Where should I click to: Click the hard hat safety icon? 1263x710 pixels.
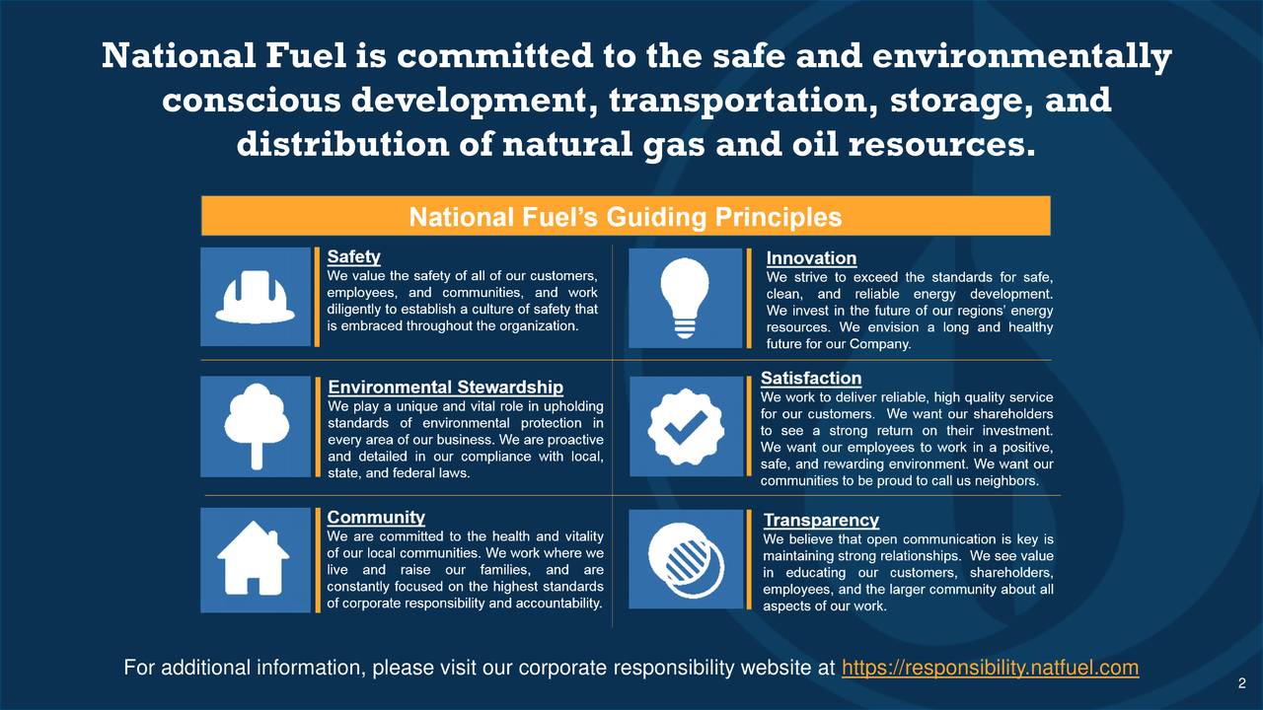(256, 296)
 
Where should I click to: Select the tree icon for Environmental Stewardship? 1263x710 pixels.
(256, 426)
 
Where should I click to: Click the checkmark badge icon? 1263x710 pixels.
(685, 426)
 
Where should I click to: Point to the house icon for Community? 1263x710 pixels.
(255, 558)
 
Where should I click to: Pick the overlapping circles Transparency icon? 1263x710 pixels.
(685, 559)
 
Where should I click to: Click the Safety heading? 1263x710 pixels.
(353, 256)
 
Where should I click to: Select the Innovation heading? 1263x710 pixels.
(811, 258)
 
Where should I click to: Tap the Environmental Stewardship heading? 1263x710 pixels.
(445, 388)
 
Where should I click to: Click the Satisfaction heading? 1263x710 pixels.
(811, 379)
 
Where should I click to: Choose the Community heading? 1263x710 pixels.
(376, 518)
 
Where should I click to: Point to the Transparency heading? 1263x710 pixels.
(821, 520)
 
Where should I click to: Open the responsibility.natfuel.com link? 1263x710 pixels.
(990, 669)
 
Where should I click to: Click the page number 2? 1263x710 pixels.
(1241, 684)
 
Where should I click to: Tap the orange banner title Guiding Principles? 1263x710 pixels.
(626, 217)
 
